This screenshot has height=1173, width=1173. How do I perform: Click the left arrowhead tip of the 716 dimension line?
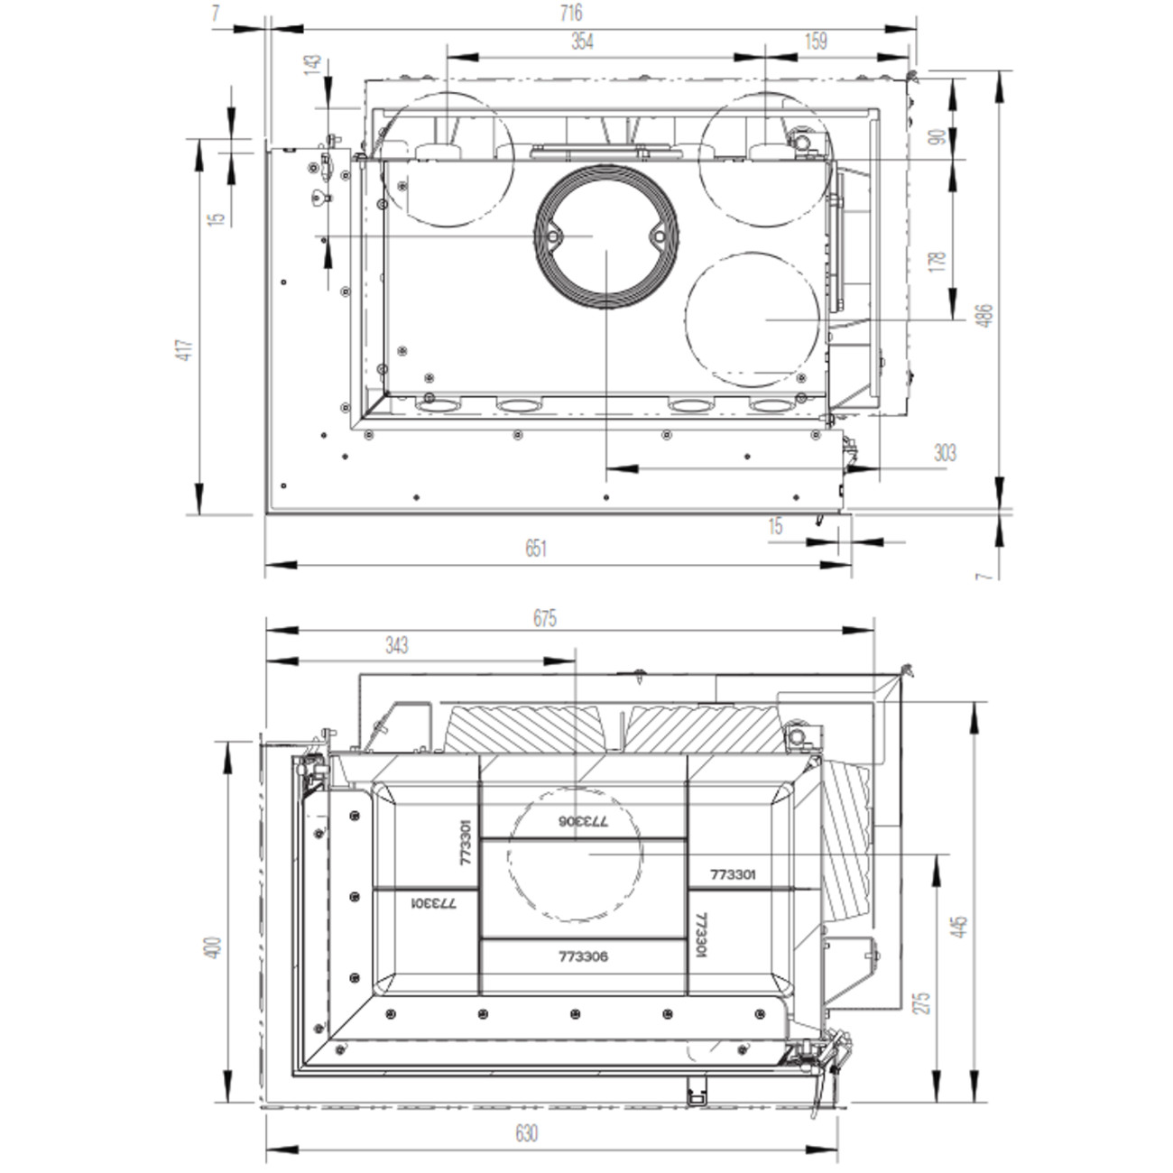[x=272, y=28]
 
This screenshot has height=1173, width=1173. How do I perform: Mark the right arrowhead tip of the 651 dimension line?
[x=851, y=565]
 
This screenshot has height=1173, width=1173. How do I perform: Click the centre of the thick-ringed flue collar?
[x=606, y=236]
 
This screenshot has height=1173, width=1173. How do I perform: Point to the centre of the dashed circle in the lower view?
[x=576, y=854]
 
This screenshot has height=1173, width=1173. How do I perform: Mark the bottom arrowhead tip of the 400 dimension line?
[x=227, y=1102]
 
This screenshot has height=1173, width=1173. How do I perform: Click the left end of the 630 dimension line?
[x=266, y=1150]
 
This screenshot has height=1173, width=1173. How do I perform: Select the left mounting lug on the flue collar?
[x=553, y=236]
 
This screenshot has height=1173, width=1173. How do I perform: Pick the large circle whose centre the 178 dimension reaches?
[x=753, y=319]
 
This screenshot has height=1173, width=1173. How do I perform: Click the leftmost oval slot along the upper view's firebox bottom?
[x=437, y=405]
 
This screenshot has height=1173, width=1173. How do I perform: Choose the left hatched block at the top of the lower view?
[x=523, y=729]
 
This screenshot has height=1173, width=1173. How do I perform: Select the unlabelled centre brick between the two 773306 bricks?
[x=584, y=889]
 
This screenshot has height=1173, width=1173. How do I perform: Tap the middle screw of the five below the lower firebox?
[x=576, y=1014]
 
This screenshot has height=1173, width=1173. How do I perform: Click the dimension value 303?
[x=945, y=453]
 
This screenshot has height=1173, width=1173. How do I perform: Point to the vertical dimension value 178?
[x=938, y=261]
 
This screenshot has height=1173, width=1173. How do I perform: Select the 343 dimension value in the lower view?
[x=396, y=645]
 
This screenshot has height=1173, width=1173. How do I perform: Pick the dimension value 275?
[x=923, y=1003]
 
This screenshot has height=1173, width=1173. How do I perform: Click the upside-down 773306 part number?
[x=583, y=821]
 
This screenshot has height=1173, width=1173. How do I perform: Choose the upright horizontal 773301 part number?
[x=733, y=874]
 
